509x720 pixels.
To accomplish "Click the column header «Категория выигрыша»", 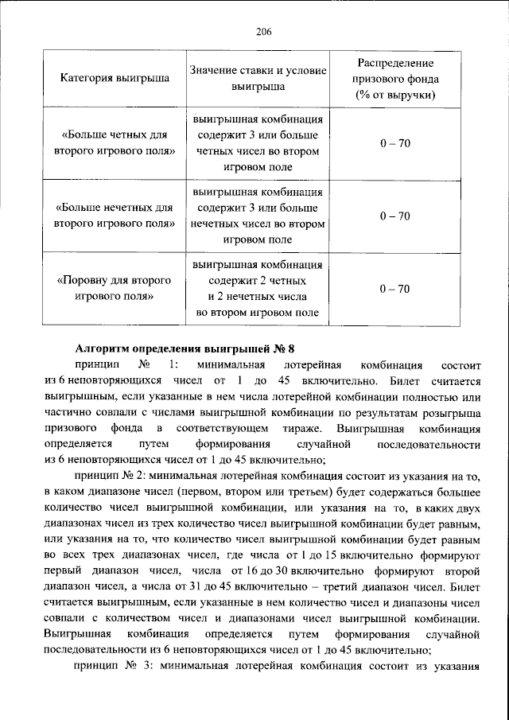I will [x=115, y=80].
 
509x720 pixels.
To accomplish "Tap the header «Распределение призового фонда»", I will [x=394, y=71].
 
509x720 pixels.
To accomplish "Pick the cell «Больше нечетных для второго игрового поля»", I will [x=115, y=216].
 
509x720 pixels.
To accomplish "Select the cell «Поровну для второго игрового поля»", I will [x=115, y=289].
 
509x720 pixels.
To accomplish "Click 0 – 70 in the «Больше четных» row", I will [x=394, y=142].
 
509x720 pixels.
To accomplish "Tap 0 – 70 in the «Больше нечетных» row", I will [x=394, y=216].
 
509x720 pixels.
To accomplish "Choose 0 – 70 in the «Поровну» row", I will [x=394, y=289].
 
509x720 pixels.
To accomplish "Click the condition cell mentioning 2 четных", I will [x=258, y=289].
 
